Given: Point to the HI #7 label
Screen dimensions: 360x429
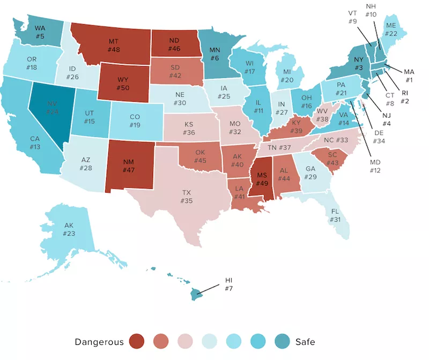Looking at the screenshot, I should tap(229, 284).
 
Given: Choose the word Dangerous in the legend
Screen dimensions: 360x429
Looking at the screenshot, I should tap(99, 342).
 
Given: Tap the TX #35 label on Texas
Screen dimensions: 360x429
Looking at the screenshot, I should tap(187, 199).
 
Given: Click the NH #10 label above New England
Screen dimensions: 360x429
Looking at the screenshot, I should tap(371, 10).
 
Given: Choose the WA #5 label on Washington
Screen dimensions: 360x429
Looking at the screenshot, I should tap(40, 33).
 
